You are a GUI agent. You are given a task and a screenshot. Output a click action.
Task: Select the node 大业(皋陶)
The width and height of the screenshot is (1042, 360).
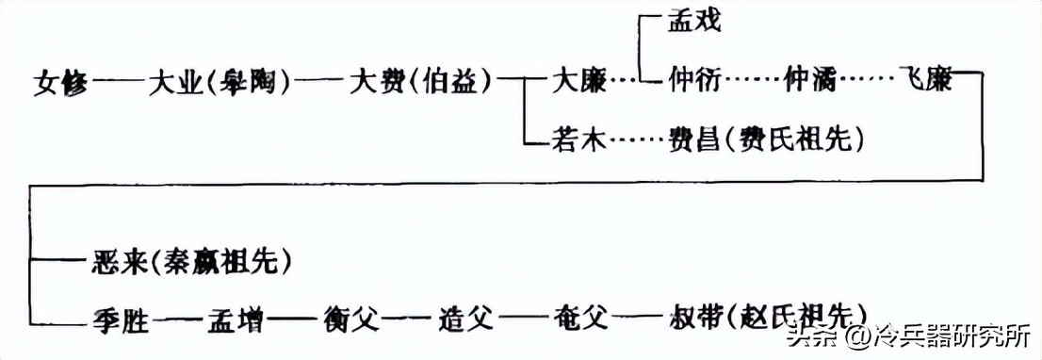coord(217,83)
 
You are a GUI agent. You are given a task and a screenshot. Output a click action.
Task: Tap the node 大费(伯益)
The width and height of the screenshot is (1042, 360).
coord(420,83)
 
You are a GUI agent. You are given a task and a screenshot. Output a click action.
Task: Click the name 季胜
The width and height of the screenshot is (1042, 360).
coord(122,318)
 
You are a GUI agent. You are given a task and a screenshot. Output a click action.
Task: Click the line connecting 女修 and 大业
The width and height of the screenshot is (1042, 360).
coord(119,83)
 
